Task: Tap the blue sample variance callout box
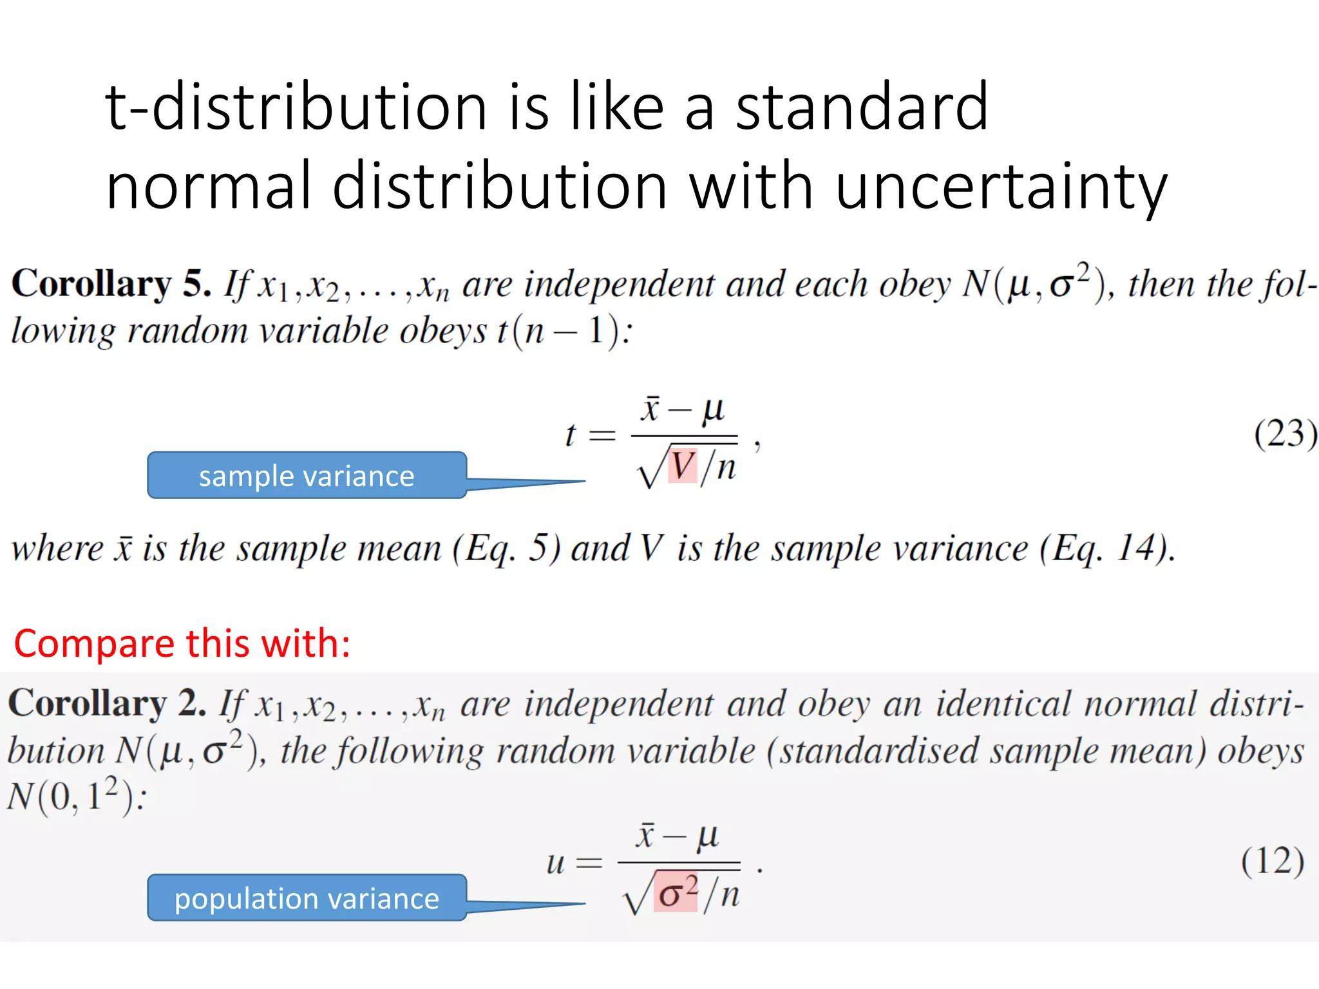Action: (x=307, y=476)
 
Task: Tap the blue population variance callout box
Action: (x=307, y=898)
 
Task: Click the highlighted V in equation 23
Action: (x=683, y=466)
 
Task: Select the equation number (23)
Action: (x=1285, y=433)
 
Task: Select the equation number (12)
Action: (x=1273, y=861)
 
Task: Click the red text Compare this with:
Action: (x=182, y=643)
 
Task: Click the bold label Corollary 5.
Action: (x=111, y=284)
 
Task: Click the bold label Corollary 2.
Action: (x=107, y=703)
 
